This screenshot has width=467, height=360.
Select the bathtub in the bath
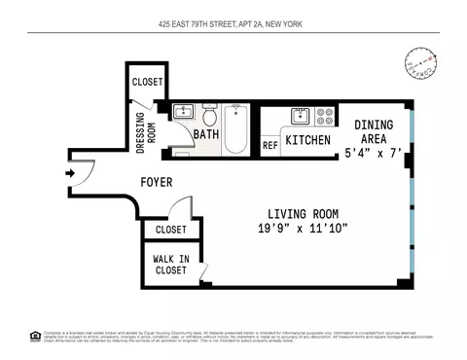236,130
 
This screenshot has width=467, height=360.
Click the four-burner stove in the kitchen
325,117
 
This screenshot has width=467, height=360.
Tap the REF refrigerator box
270,146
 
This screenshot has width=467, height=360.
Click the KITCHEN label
307,141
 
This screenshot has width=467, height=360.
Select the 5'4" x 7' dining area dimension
373,153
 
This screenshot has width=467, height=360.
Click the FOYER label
157,182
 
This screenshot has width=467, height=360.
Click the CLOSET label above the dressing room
147,82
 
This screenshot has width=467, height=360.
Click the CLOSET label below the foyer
169,230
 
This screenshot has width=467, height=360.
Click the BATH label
204,134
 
